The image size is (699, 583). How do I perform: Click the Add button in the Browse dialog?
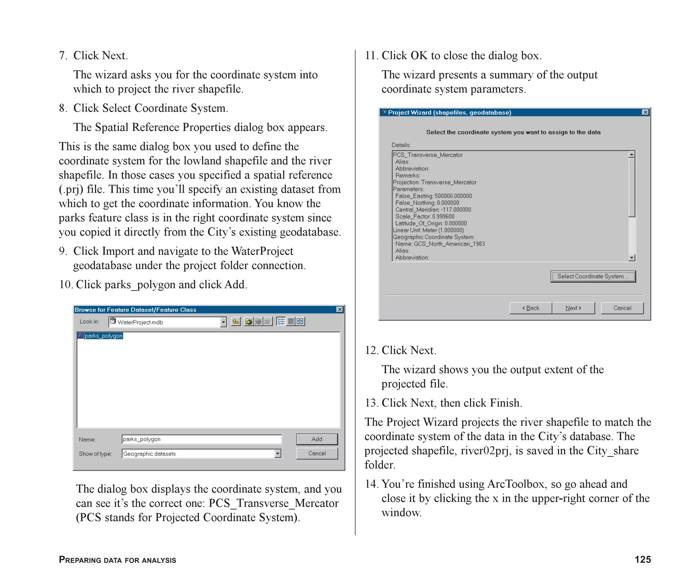point(317,439)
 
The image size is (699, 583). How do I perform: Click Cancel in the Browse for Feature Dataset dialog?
point(317,453)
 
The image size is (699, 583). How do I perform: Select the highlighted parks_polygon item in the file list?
point(103,336)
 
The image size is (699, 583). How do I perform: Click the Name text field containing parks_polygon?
point(201,439)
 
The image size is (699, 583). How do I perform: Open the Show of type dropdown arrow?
point(278,454)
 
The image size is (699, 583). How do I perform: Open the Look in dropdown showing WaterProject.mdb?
point(223,322)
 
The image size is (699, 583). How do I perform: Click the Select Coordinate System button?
point(593,276)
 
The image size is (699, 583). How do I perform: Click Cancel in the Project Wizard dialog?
point(622,308)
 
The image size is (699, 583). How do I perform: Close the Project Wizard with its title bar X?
point(645,112)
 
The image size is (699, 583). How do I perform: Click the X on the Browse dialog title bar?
point(340,309)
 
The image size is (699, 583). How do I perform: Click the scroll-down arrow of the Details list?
point(632,258)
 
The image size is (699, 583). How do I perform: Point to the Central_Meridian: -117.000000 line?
point(433,209)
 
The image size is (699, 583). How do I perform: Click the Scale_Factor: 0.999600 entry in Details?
point(425,216)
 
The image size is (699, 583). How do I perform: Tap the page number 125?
point(642,559)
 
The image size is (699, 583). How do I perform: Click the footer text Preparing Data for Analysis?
point(117,560)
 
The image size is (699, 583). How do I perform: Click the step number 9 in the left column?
point(62,251)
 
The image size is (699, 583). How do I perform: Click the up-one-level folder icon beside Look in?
point(236,321)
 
